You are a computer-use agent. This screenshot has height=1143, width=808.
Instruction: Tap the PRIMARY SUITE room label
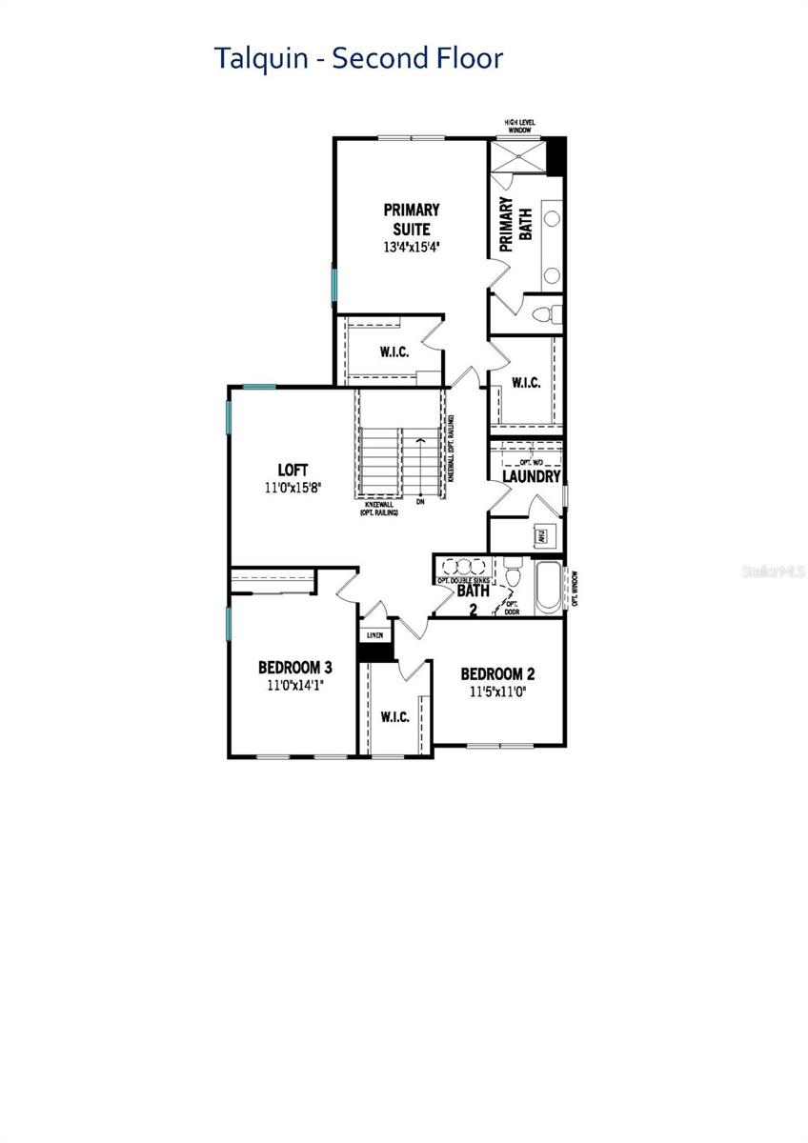[x=411, y=218]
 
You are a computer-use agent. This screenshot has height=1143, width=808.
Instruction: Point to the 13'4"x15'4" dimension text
[x=411, y=246]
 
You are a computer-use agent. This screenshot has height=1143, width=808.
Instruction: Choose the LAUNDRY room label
[x=531, y=476]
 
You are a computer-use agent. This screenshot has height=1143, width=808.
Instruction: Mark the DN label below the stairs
[x=418, y=501]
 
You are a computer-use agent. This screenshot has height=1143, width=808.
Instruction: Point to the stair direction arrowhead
[x=419, y=440]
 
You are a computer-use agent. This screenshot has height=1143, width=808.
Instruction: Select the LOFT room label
[x=293, y=470]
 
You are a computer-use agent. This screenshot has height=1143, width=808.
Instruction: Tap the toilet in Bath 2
[x=514, y=575]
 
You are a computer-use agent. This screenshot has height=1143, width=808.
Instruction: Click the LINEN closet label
[x=374, y=635]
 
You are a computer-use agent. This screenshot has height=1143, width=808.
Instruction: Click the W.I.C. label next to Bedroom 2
[x=394, y=716]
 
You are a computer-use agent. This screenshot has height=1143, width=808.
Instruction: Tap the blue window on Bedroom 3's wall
[x=229, y=622]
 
